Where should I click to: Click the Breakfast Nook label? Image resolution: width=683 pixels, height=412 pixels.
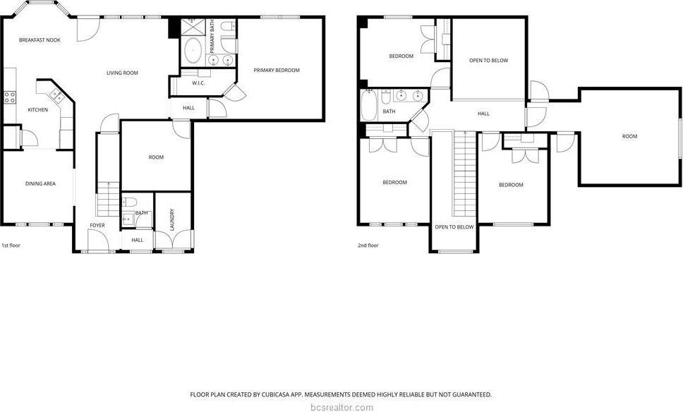pyautogui.click(x=40, y=40)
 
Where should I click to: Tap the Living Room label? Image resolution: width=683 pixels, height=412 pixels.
pyautogui.click(x=122, y=73)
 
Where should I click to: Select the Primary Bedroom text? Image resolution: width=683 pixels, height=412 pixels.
pyautogui.click(x=277, y=70)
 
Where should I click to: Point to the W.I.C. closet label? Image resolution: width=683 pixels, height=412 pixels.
pyautogui.click(x=198, y=84)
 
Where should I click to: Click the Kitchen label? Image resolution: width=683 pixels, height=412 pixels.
pyautogui.click(x=37, y=109)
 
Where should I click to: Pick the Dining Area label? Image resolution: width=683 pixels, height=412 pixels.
pyautogui.click(x=40, y=184)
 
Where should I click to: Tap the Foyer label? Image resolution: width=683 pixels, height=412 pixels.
pyautogui.click(x=97, y=226)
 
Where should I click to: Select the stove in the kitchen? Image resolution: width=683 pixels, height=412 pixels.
pyautogui.click(x=11, y=98)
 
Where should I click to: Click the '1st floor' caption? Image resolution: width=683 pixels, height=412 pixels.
pyautogui.click(x=11, y=245)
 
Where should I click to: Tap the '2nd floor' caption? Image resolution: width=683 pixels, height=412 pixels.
pyautogui.click(x=368, y=246)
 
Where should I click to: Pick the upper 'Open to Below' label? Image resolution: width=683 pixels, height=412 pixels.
pyautogui.click(x=488, y=61)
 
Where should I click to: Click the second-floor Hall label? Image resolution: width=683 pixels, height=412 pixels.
pyautogui.click(x=483, y=114)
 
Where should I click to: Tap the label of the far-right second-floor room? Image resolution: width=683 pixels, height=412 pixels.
pyautogui.click(x=629, y=136)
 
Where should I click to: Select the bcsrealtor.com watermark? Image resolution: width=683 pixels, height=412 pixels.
pyautogui.click(x=341, y=407)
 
